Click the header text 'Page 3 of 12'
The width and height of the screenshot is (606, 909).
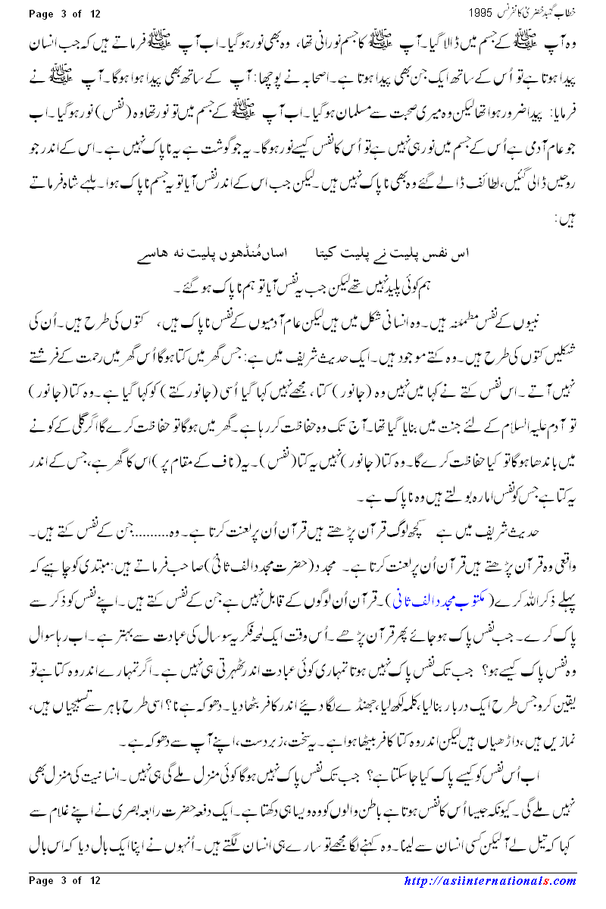pyautogui.click(x=64, y=14)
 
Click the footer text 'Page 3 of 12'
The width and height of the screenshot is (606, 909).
pyautogui.click(x=64, y=901)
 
